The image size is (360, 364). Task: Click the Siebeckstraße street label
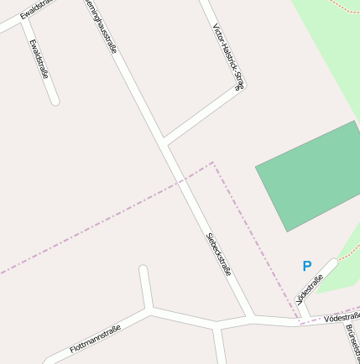click(x=218, y=254)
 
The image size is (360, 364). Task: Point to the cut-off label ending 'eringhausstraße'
click(x=100, y=25)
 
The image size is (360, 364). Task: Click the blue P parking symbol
click(x=307, y=266)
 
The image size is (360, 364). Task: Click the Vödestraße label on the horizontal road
click(x=342, y=317)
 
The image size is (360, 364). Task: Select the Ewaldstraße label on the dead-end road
click(x=39, y=58)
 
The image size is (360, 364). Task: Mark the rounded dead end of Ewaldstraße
click(x=55, y=101)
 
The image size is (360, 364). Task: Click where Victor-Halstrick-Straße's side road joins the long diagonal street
click(x=164, y=140)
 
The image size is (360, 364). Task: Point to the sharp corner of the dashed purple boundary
click(x=213, y=163)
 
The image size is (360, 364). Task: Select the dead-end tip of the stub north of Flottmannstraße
click(x=143, y=269)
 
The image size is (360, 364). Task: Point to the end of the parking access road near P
click(x=335, y=262)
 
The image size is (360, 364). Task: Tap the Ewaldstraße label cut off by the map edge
click(x=34, y=11)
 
